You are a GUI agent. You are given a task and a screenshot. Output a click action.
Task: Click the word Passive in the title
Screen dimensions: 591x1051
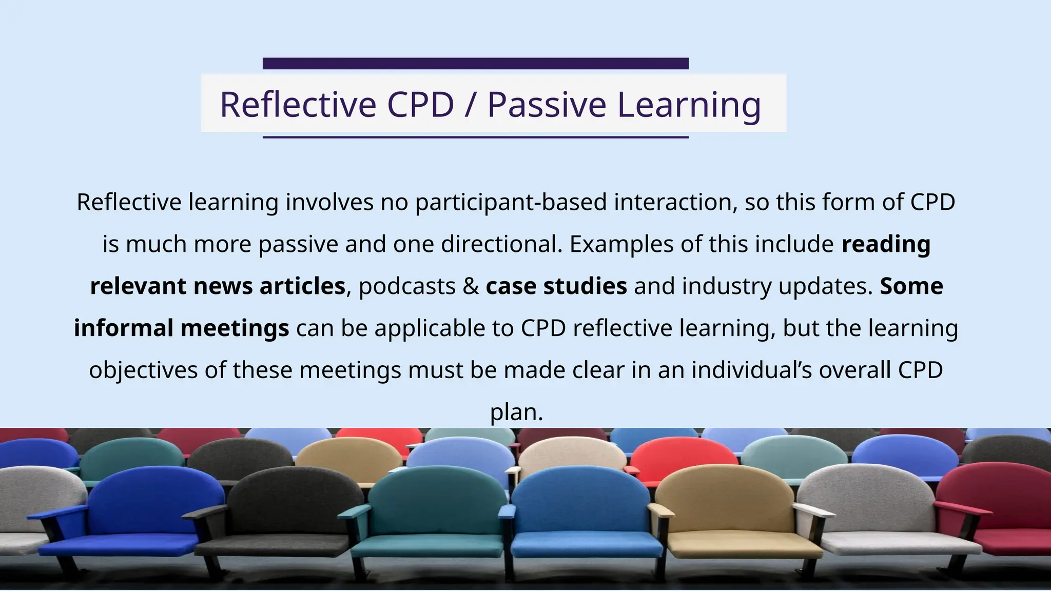pos(547,104)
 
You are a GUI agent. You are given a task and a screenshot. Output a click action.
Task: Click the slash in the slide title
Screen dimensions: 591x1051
pos(470,104)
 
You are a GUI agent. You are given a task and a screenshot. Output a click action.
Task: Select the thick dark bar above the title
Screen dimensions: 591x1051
pos(475,63)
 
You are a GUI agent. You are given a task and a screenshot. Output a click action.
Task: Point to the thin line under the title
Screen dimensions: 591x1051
pos(475,137)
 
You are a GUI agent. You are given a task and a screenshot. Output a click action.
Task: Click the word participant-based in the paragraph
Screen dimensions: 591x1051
pos(511,202)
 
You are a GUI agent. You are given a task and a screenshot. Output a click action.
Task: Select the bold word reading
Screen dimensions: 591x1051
pos(886,244)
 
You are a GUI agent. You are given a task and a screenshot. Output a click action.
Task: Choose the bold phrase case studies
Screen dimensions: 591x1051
pos(556,286)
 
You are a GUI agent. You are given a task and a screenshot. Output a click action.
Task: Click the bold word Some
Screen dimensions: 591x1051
pos(911,286)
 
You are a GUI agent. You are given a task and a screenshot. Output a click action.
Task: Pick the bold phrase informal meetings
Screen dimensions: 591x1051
pos(181,328)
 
